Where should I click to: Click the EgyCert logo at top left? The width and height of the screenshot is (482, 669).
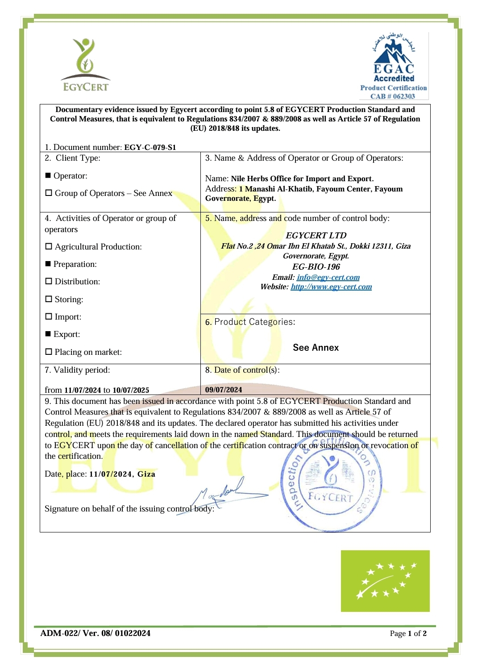click(85, 64)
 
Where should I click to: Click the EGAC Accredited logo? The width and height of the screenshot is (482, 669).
click(394, 66)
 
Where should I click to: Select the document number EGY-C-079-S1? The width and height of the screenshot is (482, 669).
click(150, 147)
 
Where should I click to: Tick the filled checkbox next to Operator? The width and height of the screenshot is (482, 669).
click(48, 175)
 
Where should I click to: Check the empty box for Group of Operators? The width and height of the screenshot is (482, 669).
click(49, 193)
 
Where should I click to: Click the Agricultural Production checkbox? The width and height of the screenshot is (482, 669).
click(49, 247)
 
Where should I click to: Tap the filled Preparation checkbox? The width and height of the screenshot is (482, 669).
click(48, 264)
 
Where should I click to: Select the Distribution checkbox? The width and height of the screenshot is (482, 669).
click(49, 282)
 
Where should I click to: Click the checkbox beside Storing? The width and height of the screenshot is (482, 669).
click(49, 299)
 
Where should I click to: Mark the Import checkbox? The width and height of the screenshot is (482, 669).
click(49, 316)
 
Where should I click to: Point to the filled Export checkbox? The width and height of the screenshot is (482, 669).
click(48, 334)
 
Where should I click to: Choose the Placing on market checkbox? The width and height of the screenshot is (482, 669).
click(49, 352)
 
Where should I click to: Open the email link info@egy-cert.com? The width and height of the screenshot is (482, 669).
click(328, 277)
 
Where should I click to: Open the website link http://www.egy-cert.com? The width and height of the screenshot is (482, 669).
click(331, 287)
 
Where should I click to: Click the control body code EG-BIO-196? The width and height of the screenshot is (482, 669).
click(316, 266)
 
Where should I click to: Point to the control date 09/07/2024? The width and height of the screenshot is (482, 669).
click(224, 390)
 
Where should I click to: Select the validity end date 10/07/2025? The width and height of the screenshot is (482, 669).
click(131, 390)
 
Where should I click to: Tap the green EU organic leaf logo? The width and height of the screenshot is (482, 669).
click(385, 581)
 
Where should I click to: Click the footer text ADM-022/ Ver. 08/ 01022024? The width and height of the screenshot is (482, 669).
click(96, 633)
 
